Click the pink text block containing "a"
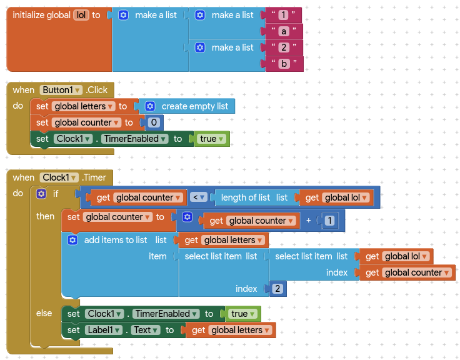tap(283, 31)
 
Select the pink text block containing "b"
tap(283, 64)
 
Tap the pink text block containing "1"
tap(283, 15)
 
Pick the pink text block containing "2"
tap(283, 47)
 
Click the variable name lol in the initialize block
tap(81, 15)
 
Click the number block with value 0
tap(153, 122)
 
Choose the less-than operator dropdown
tap(198, 197)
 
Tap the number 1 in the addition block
tap(329, 221)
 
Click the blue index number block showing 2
tap(277, 289)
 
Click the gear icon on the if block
tap(41, 194)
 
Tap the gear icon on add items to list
tap(72, 240)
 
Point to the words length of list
tap(245, 197)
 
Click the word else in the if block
tap(44, 313)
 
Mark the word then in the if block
tap(45, 216)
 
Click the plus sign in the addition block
tap(308, 221)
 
